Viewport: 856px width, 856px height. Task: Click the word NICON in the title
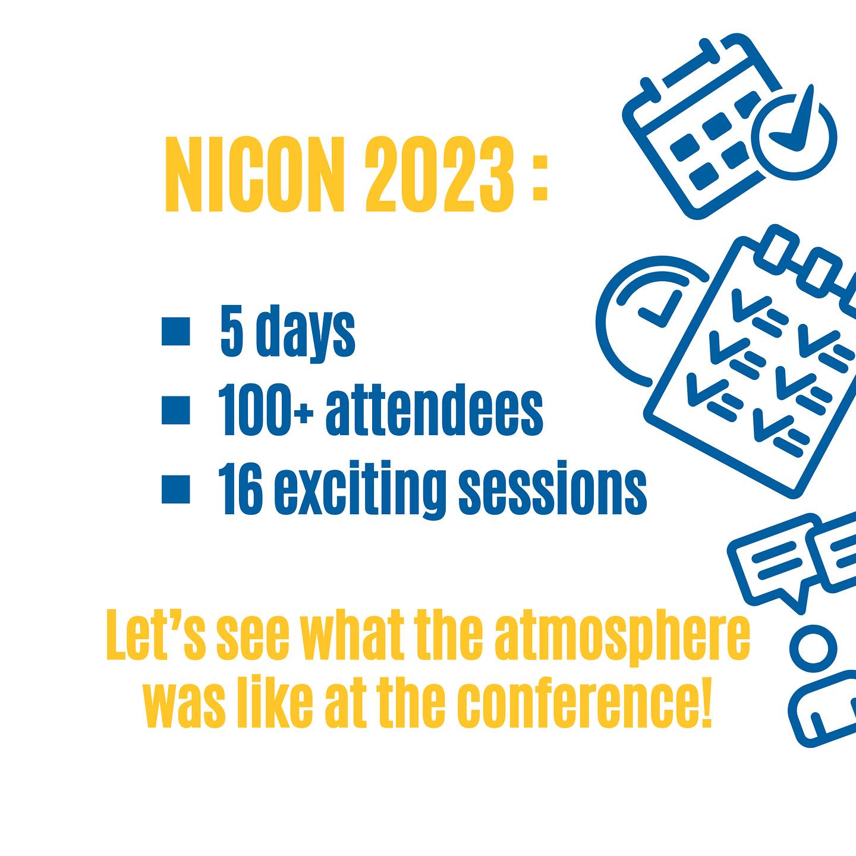click(255, 174)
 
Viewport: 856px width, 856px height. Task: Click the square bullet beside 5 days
click(176, 331)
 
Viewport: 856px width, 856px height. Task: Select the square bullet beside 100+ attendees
click(176, 410)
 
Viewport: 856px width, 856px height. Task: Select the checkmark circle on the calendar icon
click(797, 136)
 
